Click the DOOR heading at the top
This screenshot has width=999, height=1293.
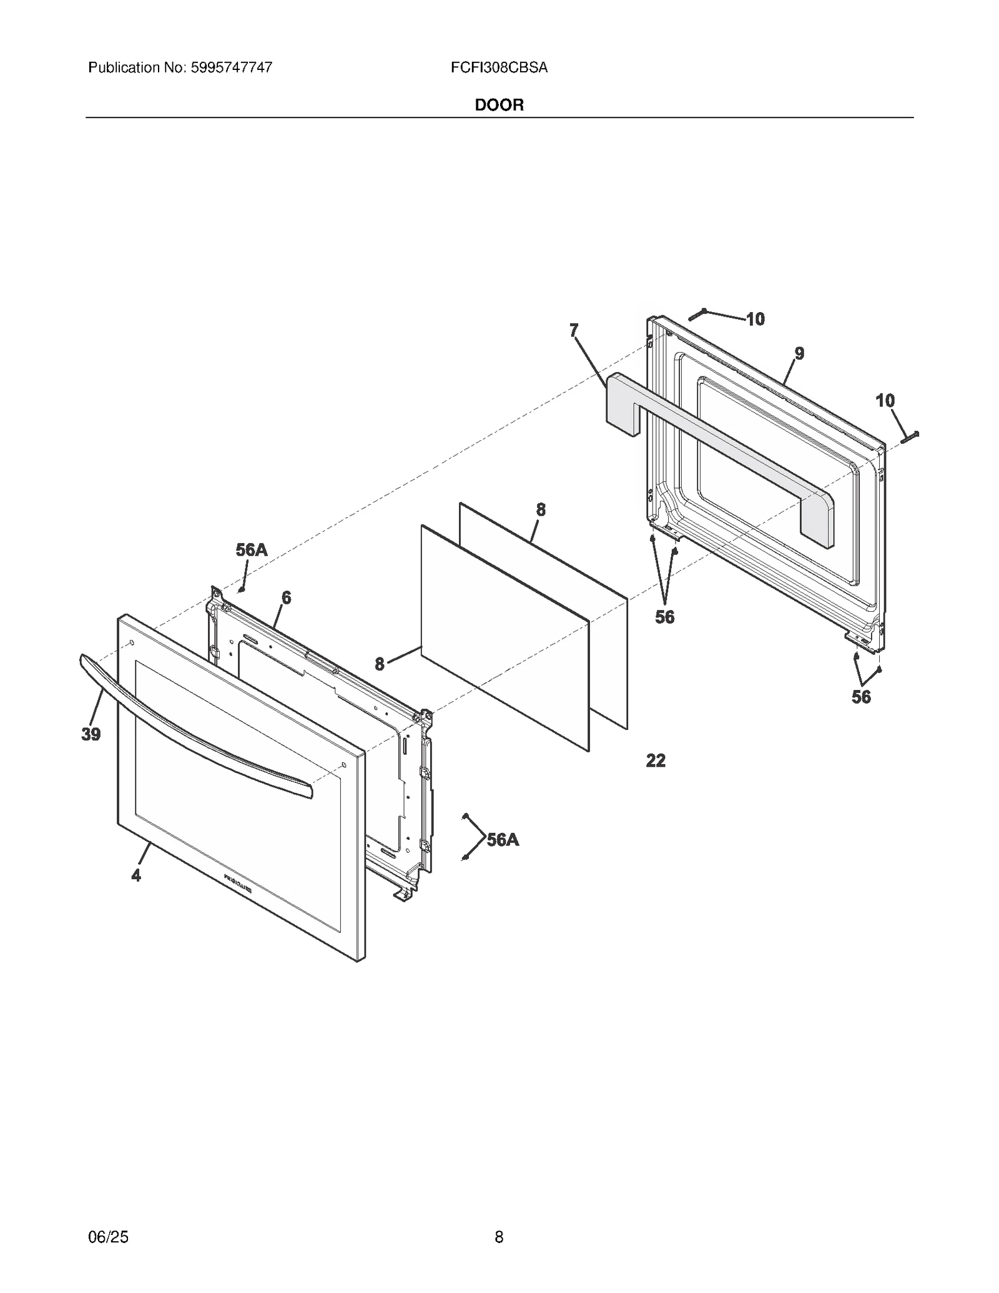(499, 105)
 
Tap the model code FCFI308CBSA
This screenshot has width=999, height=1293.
(499, 67)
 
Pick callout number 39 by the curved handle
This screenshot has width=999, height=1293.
(91, 735)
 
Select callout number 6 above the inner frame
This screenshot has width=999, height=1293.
(286, 597)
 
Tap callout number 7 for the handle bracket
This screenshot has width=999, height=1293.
(574, 330)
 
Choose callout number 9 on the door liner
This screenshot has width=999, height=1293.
(799, 353)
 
